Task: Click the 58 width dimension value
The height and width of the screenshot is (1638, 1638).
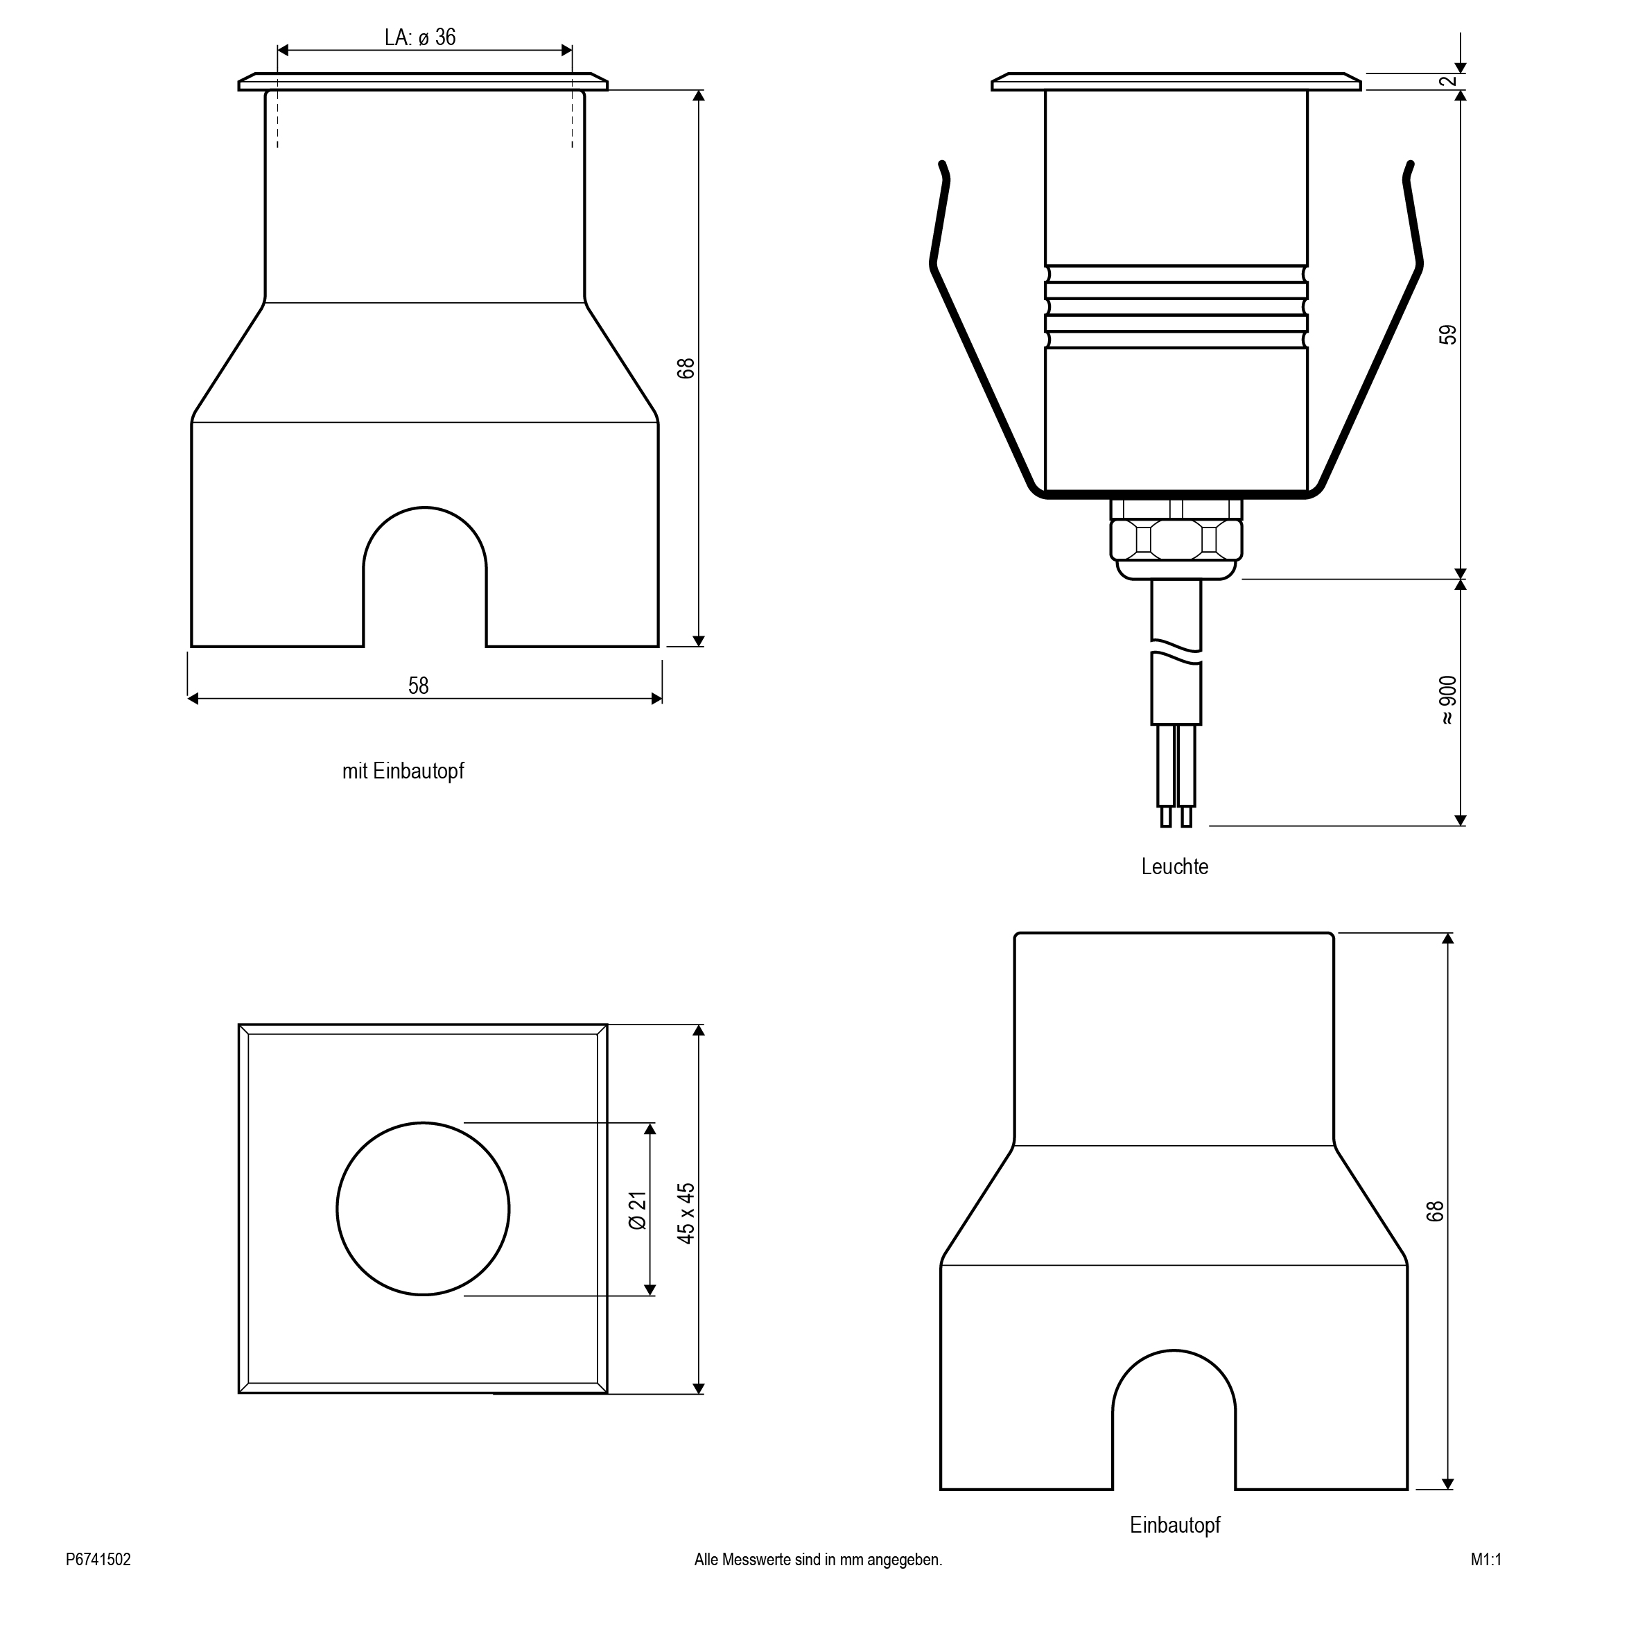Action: pyautogui.click(x=419, y=685)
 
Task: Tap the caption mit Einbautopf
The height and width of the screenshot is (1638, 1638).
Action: pyautogui.click(x=403, y=771)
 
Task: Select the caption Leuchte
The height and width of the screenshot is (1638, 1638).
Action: pyautogui.click(x=1174, y=866)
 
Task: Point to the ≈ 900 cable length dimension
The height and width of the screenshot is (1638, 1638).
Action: pyautogui.click(x=1447, y=700)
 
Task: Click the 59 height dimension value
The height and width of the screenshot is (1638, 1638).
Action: pyautogui.click(x=1449, y=335)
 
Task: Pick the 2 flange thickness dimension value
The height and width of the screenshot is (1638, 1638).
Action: pyautogui.click(x=1449, y=81)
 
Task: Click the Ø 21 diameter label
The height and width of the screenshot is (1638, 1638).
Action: pyautogui.click(x=638, y=1210)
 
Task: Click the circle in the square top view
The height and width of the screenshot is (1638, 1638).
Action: pyautogui.click(x=423, y=1209)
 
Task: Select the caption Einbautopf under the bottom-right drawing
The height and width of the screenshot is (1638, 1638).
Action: pyautogui.click(x=1175, y=1525)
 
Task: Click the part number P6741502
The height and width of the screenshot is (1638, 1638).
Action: pyautogui.click(x=98, y=1560)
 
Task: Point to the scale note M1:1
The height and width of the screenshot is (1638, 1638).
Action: pyautogui.click(x=1486, y=1560)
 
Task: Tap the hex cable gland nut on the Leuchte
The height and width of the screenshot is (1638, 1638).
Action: pyautogui.click(x=1176, y=539)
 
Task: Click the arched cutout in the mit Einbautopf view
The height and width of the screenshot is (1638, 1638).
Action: pyautogui.click(x=425, y=577)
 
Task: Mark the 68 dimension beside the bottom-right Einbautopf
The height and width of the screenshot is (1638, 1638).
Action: pyautogui.click(x=1434, y=1212)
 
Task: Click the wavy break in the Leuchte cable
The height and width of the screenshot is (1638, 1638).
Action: pyautogui.click(x=1176, y=653)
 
